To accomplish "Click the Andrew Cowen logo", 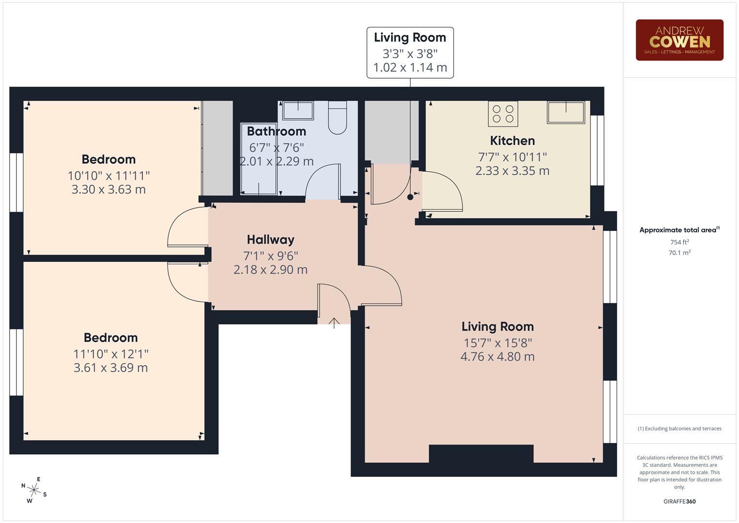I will [x=679, y=40].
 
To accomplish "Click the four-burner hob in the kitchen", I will [x=503, y=114].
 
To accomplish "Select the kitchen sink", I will [x=566, y=112].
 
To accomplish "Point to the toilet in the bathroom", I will [x=337, y=118].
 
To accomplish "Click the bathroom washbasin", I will [x=297, y=110].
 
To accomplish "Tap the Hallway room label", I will [x=271, y=240].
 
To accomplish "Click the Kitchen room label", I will [x=512, y=141].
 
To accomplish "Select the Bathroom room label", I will [x=276, y=131].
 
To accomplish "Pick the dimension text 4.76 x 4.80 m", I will [x=498, y=357].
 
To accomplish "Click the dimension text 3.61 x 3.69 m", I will [x=110, y=368].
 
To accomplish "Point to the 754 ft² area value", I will [x=679, y=242].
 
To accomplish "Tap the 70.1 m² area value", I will [x=679, y=253].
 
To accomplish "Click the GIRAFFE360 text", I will [x=679, y=502].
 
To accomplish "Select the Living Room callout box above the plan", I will [x=410, y=52].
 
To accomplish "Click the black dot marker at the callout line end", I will [x=410, y=197].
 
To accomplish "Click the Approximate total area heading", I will [x=679, y=230].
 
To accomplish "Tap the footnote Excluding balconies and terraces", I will [x=679, y=429].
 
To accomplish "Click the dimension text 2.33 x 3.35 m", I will [x=512, y=171].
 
